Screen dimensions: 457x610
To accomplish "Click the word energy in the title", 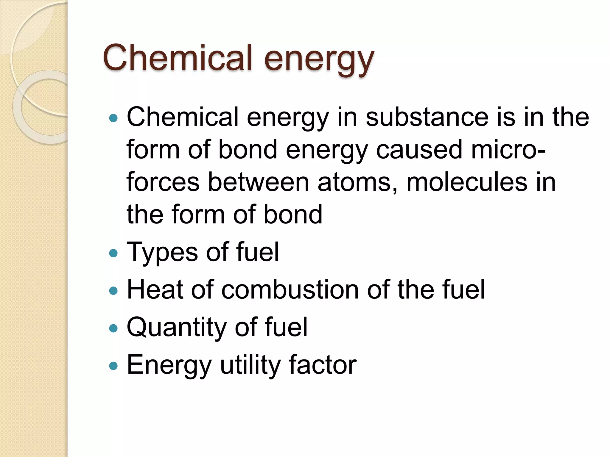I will [x=318, y=60].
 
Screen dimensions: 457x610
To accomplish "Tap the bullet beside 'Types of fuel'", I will [x=113, y=253].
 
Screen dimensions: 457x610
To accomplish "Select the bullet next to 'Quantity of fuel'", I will [x=113, y=328].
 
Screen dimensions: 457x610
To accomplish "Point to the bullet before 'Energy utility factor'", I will [x=113, y=366].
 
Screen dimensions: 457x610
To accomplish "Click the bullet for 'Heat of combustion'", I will [x=113, y=291].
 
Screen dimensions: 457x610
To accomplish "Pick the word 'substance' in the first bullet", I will [x=427, y=117].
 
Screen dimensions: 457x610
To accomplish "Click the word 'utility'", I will [x=250, y=365].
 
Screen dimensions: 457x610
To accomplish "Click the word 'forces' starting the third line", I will [x=163, y=182].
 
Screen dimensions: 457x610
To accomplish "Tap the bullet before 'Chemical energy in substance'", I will [x=113, y=118].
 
